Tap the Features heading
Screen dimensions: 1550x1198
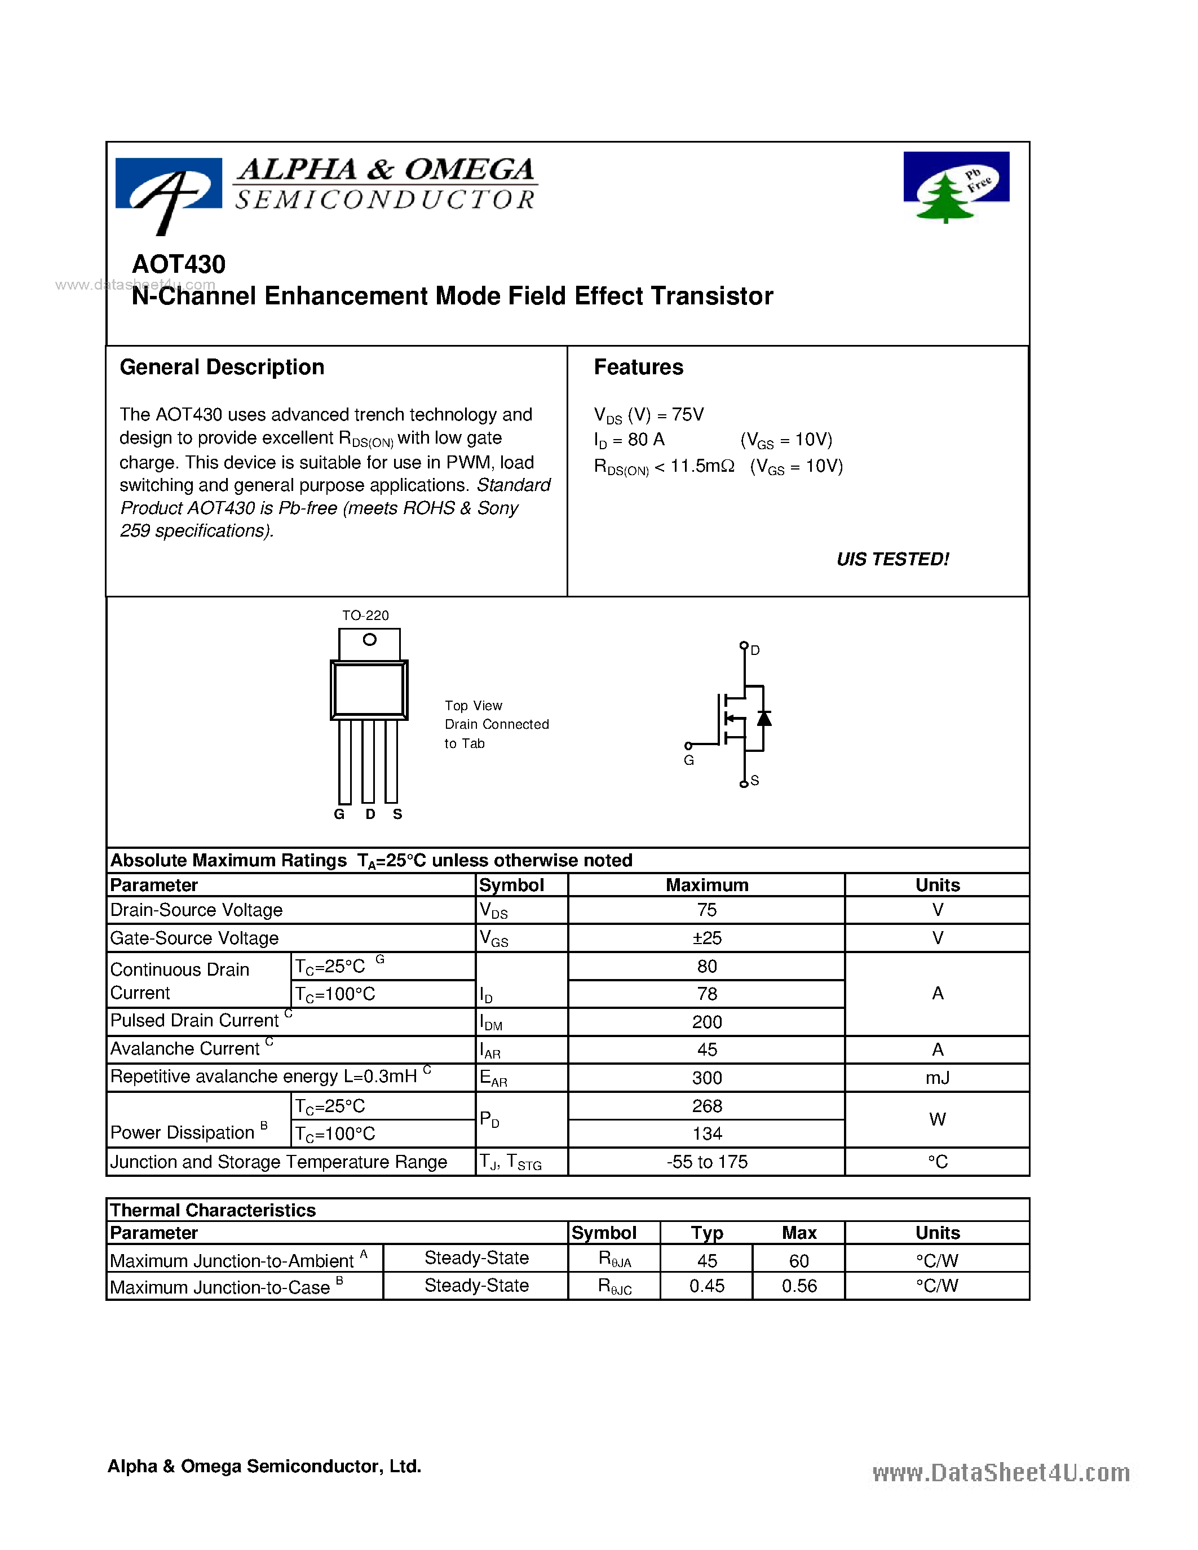pyautogui.click(x=638, y=367)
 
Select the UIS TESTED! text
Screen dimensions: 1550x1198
pyautogui.click(x=892, y=559)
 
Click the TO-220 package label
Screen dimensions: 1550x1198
pyautogui.click(x=365, y=615)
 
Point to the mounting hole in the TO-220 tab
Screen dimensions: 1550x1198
pyautogui.click(x=369, y=640)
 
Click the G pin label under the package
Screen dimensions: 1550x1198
pyautogui.click(x=339, y=814)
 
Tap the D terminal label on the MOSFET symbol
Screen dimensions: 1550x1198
pyautogui.click(x=755, y=650)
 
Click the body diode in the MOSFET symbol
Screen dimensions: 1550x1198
pyautogui.click(x=764, y=718)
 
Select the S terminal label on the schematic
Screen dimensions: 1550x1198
pyautogui.click(x=754, y=781)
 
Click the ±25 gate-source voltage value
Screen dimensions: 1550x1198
pyautogui.click(x=706, y=938)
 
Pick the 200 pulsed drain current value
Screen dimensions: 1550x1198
pyautogui.click(x=706, y=1022)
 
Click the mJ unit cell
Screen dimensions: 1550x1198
pyautogui.click(x=937, y=1078)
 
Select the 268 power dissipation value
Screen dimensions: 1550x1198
pyautogui.click(x=706, y=1106)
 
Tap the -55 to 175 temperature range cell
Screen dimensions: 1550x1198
pyautogui.click(x=706, y=1162)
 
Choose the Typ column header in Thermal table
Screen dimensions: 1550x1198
pyautogui.click(x=706, y=1233)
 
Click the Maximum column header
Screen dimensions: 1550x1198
pyautogui.click(x=706, y=885)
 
